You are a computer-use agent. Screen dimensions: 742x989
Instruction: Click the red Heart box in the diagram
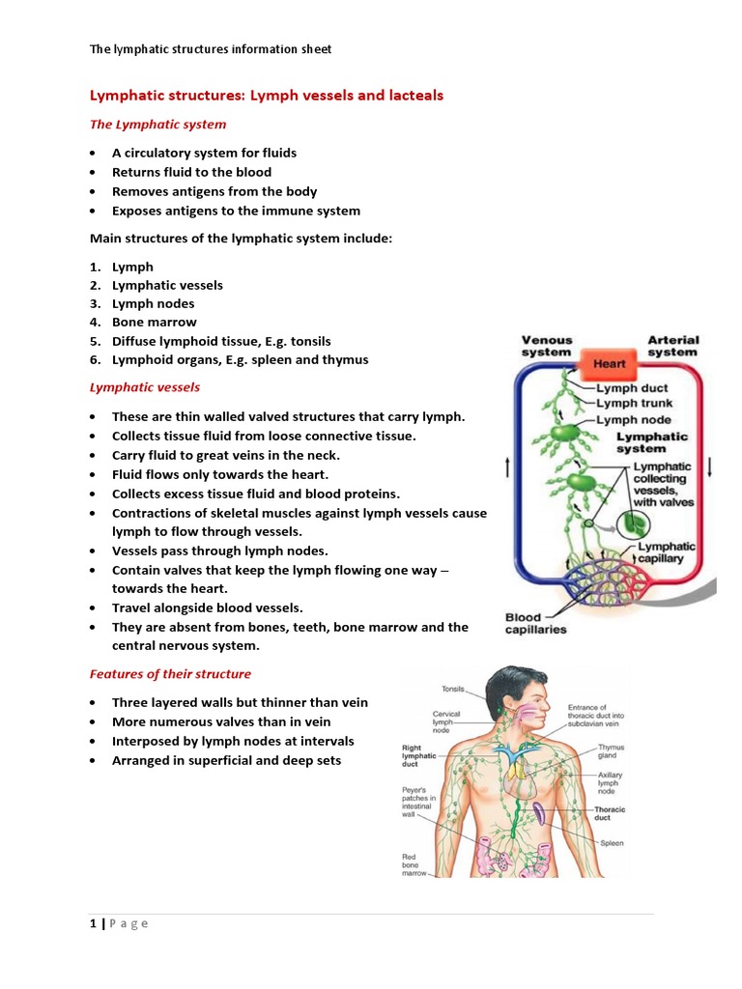[609, 364]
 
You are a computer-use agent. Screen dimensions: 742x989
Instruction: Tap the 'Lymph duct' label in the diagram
[631, 388]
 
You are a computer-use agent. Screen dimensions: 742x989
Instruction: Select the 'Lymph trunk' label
[634, 404]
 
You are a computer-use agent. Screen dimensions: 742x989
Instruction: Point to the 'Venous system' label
[547, 347]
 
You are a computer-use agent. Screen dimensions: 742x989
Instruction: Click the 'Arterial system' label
[673, 347]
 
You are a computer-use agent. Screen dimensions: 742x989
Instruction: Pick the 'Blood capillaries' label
[536, 623]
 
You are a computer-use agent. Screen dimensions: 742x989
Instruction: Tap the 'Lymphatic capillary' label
[666, 552]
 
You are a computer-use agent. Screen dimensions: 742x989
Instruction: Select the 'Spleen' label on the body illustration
[612, 842]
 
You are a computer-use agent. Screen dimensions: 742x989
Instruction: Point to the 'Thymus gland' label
[612, 751]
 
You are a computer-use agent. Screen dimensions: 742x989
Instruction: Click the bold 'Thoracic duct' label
[610, 813]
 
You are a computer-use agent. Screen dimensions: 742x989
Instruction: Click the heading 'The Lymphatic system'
[157, 124]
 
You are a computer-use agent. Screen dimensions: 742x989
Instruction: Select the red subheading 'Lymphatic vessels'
[145, 387]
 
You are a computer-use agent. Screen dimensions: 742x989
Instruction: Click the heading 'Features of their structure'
[170, 674]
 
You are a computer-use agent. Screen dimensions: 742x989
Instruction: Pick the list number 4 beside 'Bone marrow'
[95, 323]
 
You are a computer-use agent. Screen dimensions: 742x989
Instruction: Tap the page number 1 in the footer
[93, 923]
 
